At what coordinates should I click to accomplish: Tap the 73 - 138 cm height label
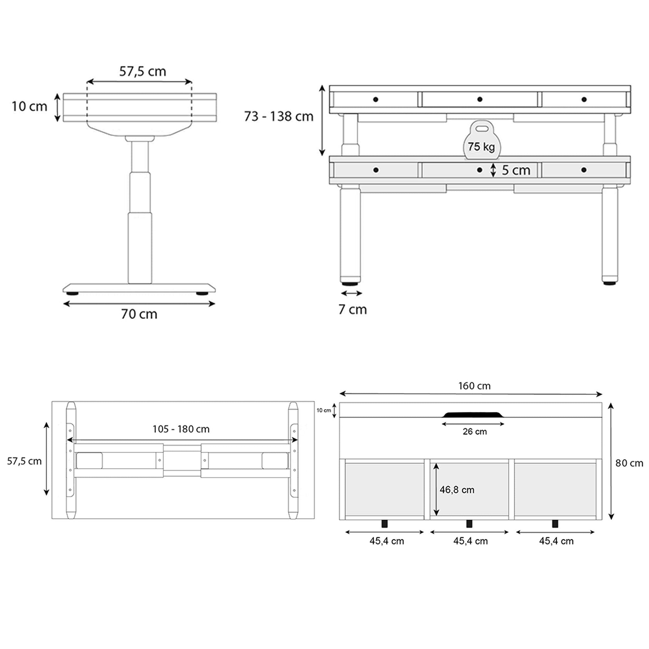[278, 116]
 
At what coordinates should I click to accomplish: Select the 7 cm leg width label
[352, 309]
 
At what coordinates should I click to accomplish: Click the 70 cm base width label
[139, 314]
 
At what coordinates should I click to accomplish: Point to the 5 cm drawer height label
[516, 170]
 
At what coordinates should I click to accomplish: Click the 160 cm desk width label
[474, 386]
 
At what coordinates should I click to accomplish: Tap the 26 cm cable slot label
[474, 432]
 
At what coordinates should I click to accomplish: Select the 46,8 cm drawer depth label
[457, 490]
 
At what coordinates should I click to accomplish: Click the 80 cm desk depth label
[629, 463]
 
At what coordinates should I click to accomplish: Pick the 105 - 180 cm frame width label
[181, 429]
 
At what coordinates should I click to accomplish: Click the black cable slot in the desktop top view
[473, 415]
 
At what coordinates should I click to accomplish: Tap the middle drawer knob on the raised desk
[480, 99]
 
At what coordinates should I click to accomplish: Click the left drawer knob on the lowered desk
[376, 170]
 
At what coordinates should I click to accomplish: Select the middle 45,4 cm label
[470, 541]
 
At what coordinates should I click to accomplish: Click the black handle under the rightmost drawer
[555, 523]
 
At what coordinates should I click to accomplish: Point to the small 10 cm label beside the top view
[324, 410]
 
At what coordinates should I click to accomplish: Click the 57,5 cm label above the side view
[142, 71]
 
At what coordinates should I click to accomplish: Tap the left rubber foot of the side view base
[72, 294]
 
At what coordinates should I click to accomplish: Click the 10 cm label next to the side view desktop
[29, 106]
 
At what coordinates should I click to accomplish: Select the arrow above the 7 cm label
[351, 293]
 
